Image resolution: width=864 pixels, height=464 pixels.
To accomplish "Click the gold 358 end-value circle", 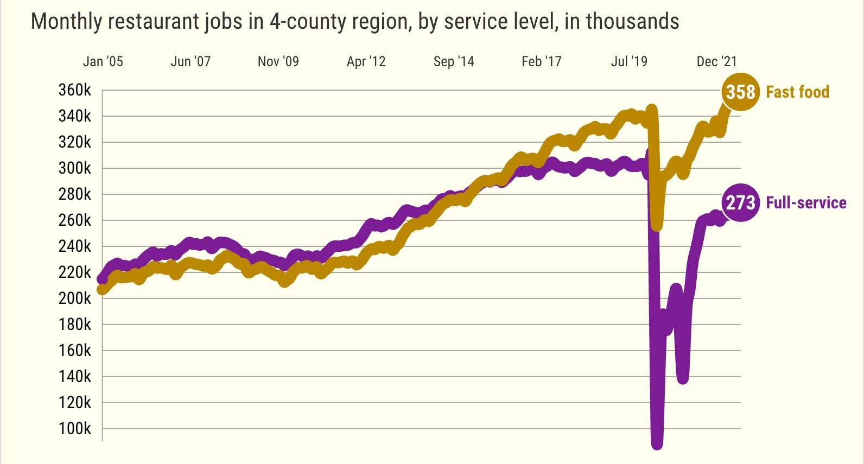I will click(740, 92).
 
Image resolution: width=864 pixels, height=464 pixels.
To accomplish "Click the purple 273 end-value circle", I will click(740, 203).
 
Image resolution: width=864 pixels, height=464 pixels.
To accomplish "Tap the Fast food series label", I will click(797, 92).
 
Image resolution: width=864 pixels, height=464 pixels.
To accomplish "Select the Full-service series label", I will click(806, 203).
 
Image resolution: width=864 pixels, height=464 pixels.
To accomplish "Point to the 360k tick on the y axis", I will click(75, 90).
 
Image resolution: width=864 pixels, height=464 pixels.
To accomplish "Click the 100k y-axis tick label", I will click(75, 429).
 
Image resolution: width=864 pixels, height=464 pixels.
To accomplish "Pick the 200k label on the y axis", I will click(75, 298).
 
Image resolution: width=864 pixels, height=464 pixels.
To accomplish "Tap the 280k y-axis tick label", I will click(75, 194).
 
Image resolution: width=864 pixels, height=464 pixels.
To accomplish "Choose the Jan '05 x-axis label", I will click(103, 61).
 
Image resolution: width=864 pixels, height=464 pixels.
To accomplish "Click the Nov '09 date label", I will click(278, 61).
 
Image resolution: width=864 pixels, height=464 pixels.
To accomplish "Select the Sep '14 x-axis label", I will click(454, 61).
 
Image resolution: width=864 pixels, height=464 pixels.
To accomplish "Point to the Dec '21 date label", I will click(716, 61).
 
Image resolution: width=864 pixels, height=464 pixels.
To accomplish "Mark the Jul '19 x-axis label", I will click(629, 61).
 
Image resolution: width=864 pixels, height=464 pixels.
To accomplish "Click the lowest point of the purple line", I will click(657, 443).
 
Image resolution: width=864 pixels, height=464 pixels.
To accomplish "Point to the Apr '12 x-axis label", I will click(366, 61).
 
